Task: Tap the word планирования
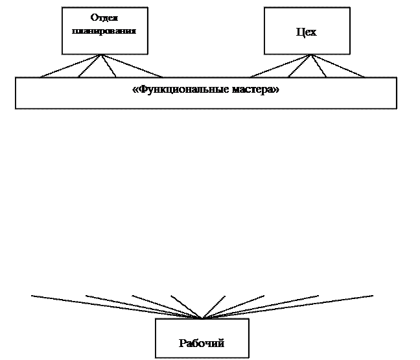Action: (104, 30)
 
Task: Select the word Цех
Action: (306, 32)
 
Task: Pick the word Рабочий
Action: (202, 343)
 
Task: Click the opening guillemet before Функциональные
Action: (135, 90)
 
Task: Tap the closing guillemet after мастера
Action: (276, 90)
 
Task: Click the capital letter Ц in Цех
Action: (299, 32)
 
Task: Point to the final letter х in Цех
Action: (314, 32)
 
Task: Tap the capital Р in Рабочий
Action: (182, 343)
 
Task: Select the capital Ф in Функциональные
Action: (141, 90)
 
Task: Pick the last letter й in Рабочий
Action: (221, 343)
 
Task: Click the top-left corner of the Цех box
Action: (265, 8)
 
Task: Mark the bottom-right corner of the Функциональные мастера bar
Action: (395, 107)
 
